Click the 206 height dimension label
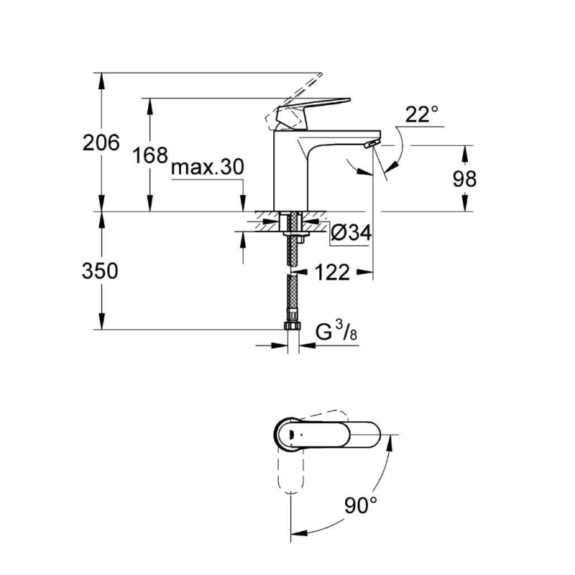[x=101, y=143]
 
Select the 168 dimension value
[x=150, y=155]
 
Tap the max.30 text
[x=208, y=167]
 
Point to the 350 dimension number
[x=101, y=271]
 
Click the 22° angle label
[x=420, y=114]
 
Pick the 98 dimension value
[x=465, y=179]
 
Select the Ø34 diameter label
[x=351, y=232]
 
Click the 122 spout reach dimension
[x=332, y=272]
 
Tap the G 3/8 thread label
[x=336, y=332]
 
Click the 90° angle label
[x=360, y=506]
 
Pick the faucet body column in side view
[x=290, y=172]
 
